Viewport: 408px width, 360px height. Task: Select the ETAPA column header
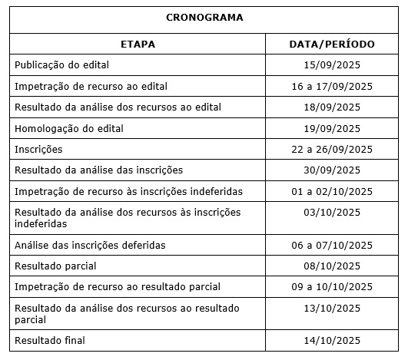[138, 45]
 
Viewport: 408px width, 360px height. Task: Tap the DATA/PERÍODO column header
[332, 45]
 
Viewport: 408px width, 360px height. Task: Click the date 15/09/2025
[332, 65]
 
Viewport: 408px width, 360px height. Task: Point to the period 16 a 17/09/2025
[332, 86]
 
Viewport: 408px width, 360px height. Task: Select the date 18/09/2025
[332, 107]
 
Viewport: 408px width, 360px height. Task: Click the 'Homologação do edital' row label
[69, 128]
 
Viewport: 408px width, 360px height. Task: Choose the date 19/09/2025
[332, 128]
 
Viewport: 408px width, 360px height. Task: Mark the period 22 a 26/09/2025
[332, 149]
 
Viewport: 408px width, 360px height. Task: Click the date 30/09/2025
[332, 170]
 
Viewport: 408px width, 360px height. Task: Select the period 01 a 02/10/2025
[332, 190]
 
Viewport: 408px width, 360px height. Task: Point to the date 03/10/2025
[332, 212]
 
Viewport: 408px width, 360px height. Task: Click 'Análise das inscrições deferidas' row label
[90, 245]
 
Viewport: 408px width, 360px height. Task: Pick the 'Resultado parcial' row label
[55, 266]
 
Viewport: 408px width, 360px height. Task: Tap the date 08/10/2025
[332, 266]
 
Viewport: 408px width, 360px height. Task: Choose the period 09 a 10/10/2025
[332, 286]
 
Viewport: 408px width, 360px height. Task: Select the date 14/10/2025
[332, 340]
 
